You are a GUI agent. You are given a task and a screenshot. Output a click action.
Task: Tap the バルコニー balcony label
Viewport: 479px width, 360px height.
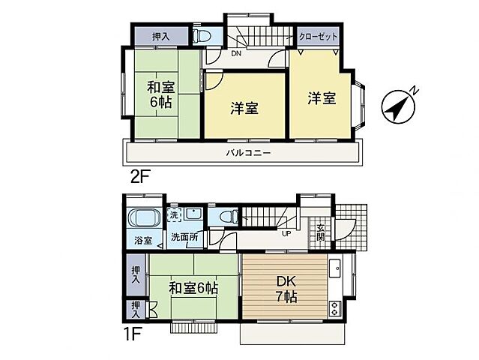(248, 153)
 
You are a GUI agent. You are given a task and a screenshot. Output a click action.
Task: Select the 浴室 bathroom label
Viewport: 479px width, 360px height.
(143, 241)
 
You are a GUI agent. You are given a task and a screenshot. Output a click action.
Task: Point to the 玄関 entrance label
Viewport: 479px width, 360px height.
(320, 232)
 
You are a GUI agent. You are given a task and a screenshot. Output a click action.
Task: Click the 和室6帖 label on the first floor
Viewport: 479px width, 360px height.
(193, 287)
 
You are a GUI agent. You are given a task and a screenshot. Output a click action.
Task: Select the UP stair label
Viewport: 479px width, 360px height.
(286, 233)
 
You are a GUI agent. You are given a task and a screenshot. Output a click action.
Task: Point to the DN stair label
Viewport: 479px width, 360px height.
(235, 53)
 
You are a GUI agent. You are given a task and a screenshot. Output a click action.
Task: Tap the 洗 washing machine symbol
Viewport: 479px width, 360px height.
(174, 214)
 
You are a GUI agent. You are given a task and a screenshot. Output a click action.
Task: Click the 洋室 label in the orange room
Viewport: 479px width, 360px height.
(320, 97)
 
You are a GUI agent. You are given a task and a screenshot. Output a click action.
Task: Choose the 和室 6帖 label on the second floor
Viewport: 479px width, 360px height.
(160, 94)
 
